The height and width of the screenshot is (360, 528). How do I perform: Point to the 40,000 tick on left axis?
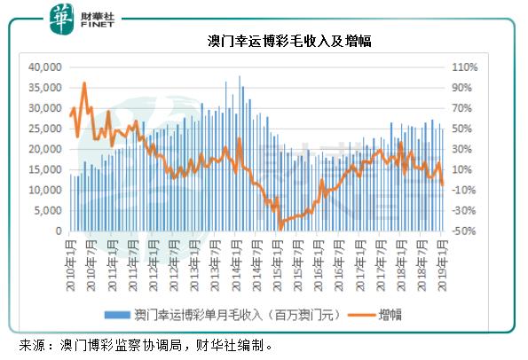[x=44, y=67]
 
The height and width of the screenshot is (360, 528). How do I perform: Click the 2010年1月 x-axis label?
[x=70, y=257]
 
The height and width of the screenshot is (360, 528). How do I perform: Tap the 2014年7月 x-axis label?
[x=256, y=257]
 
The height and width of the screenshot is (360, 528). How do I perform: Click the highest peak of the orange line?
[x=84, y=83]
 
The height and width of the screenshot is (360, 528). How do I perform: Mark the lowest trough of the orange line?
[x=280, y=227]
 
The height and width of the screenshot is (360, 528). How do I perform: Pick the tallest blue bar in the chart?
[x=240, y=76]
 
